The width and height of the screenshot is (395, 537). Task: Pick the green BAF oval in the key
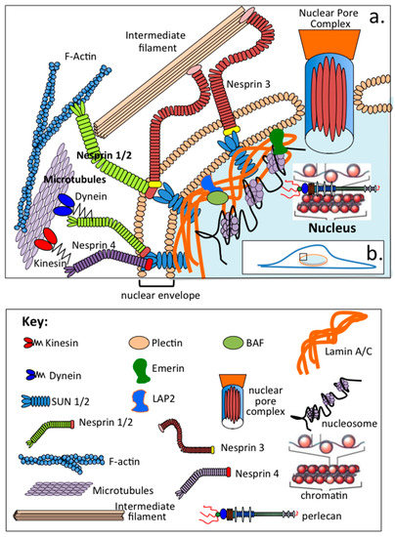tap(239, 345)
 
